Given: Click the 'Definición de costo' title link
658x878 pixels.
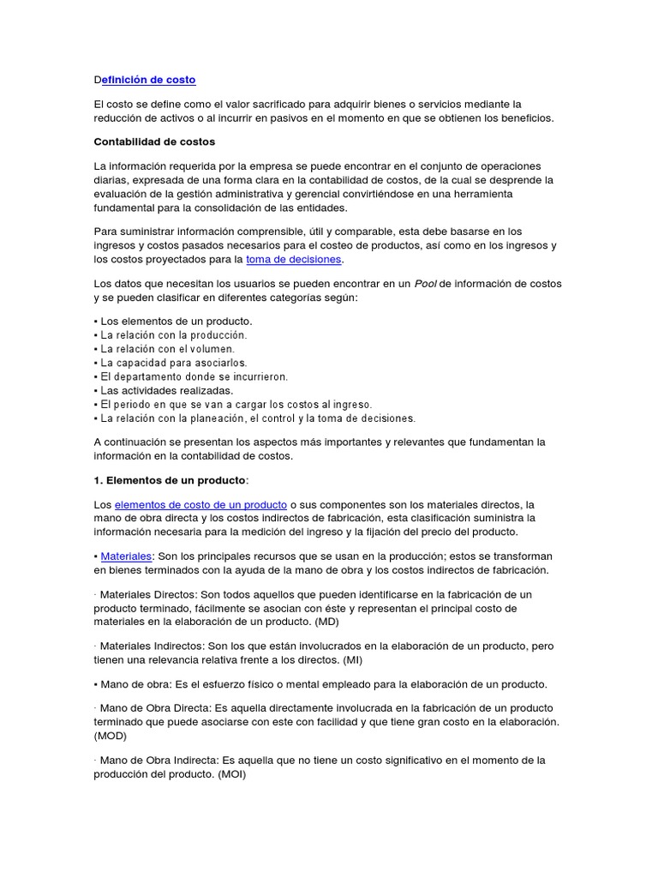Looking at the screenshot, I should (x=145, y=80).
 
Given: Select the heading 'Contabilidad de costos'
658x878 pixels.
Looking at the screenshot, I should (x=154, y=141).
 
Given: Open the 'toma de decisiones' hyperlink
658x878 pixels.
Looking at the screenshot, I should (x=293, y=259).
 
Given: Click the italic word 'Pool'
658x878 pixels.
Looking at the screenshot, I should (x=425, y=284).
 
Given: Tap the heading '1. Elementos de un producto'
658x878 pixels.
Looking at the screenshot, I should (x=169, y=479).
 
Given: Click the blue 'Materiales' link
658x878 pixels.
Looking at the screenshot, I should (x=126, y=556).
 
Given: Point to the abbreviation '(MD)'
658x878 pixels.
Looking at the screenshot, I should (x=332, y=622).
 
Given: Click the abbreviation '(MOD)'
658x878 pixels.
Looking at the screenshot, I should (x=111, y=736).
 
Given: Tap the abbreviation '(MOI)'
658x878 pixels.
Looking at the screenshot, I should (x=231, y=773).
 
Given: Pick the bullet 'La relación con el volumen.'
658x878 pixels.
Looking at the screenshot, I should (x=167, y=349).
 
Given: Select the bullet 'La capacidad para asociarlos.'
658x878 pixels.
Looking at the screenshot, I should (x=173, y=363).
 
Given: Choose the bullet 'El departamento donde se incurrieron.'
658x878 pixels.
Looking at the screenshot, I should (x=194, y=376).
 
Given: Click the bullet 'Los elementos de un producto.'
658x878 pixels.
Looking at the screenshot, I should (x=176, y=322).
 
